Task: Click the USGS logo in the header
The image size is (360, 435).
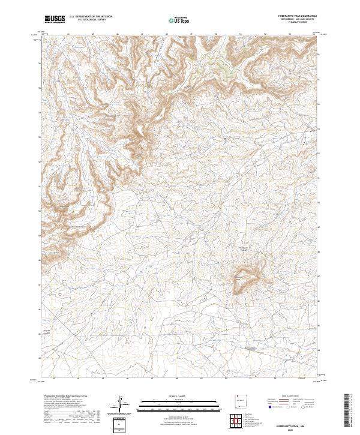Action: (x=55, y=19)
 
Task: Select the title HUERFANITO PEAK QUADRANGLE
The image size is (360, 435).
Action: (x=298, y=16)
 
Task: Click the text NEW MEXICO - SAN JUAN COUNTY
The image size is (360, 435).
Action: (x=298, y=19)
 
